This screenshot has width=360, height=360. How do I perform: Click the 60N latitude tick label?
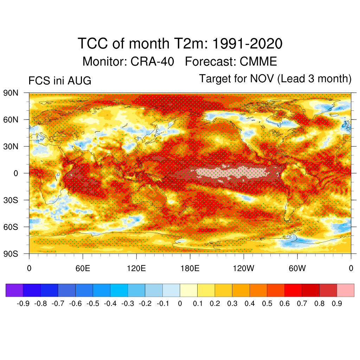pyautogui.click(x=11, y=120)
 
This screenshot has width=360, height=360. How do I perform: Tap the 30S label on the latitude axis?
pyautogui.click(x=11, y=200)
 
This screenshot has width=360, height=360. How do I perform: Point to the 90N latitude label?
pyautogui.click(x=11, y=93)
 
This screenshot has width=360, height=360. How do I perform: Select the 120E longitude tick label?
pyautogui.click(x=136, y=268)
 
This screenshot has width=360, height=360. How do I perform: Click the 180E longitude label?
pyautogui.click(x=190, y=268)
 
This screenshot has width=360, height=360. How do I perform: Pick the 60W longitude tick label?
pyautogui.click(x=297, y=268)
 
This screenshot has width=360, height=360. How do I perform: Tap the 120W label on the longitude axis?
pyautogui.click(x=244, y=268)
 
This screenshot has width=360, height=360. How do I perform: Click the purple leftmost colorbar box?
pyautogui.click(x=14, y=290)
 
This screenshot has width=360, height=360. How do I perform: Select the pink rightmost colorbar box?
pyautogui.click(x=346, y=290)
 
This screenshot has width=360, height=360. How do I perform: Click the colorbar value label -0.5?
pyautogui.click(x=93, y=303)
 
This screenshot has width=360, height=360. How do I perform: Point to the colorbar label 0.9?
pyautogui.click(x=337, y=303)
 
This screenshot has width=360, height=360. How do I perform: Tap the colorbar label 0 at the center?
pyautogui.click(x=180, y=303)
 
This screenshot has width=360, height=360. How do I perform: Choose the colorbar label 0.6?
pyautogui.click(x=284, y=303)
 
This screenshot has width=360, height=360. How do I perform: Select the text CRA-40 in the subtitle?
pyautogui.click(x=152, y=62)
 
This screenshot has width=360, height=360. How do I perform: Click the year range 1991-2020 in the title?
pyautogui.click(x=247, y=43)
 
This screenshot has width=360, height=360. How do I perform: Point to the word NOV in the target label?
pyautogui.click(x=262, y=78)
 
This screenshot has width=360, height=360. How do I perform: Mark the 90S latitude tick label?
pyautogui.click(x=11, y=254)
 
